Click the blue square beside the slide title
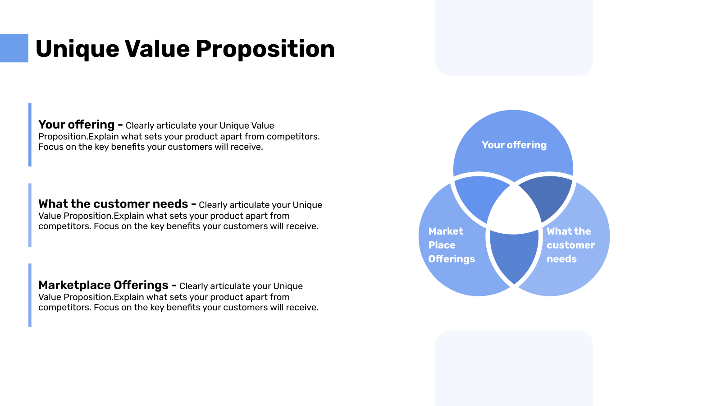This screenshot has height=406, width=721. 14,48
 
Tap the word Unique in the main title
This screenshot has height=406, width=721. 77,49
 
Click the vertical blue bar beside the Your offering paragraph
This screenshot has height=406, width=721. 30,134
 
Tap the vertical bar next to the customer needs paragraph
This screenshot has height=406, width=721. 30,215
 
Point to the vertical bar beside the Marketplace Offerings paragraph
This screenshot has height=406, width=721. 30,295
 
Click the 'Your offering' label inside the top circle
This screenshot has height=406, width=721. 514,145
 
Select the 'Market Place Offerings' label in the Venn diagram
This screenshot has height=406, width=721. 451,245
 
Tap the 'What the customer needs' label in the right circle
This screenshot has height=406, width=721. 570,245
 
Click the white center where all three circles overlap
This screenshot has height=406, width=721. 514,210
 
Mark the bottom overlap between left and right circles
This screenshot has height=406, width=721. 514,255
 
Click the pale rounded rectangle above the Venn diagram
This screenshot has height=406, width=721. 514,36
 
